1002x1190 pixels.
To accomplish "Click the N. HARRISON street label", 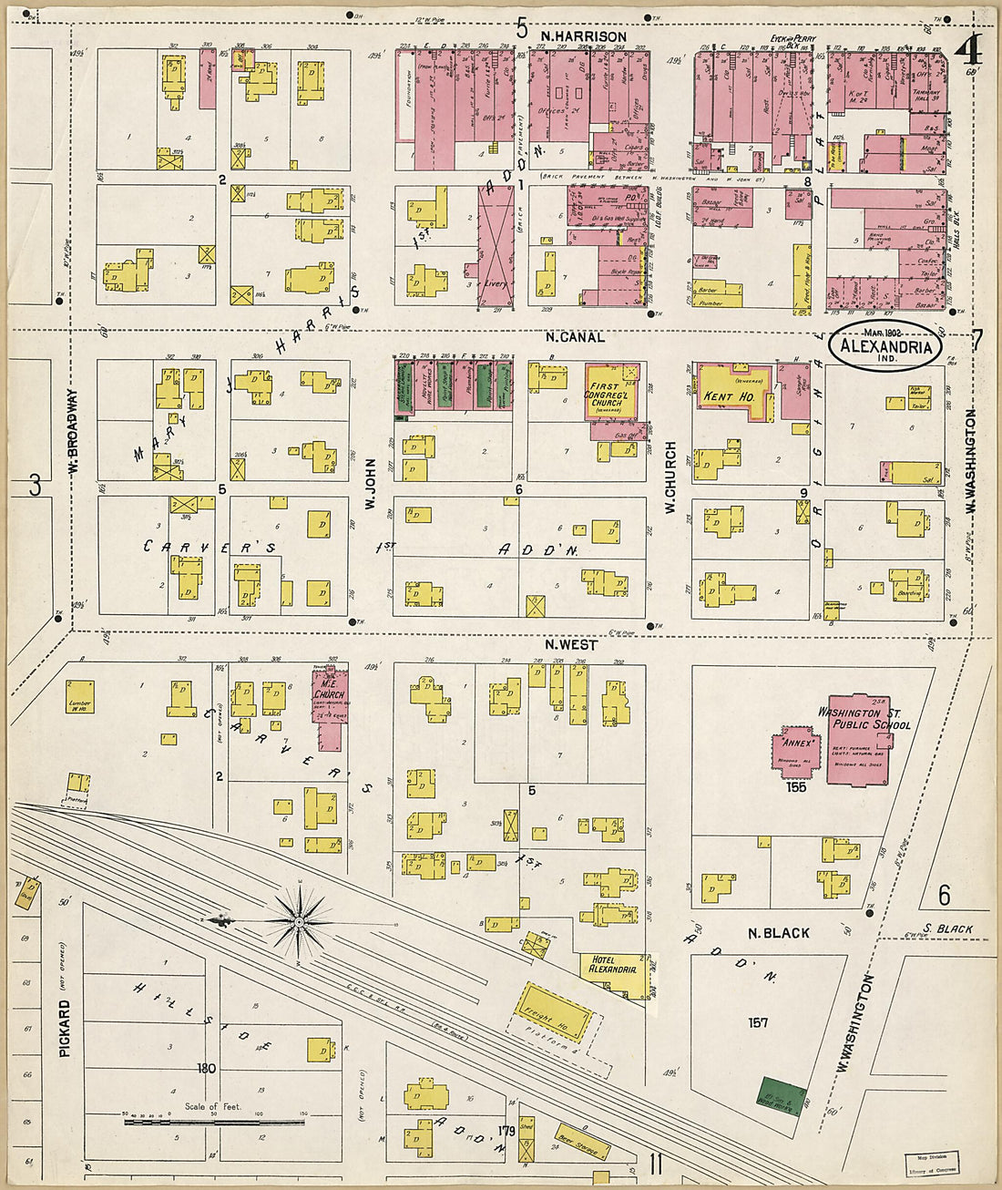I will pyautogui.click(x=583, y=36).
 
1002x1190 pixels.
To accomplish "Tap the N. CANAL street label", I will pyautogui.click(x=575, y=337).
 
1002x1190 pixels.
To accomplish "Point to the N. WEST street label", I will pyautogui.click(x=571, y=645).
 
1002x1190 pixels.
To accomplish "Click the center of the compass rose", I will pyautogui.click(x=299, y=922).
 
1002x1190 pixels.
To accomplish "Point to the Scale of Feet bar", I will pyautogui.click(x=214, y=1120).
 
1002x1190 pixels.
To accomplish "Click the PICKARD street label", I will pyautogui.click(x=64, y=1027).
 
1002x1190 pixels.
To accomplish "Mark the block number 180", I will pyautogui.click(x=206, y=1068).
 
